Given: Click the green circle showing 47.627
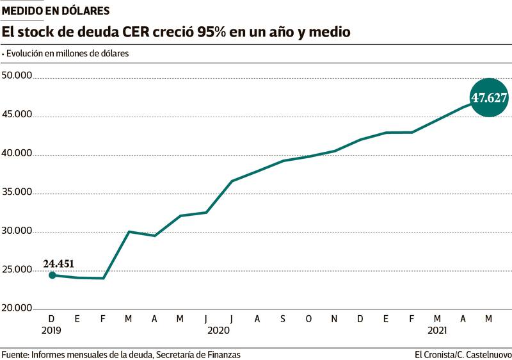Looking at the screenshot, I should (x=489, y=97).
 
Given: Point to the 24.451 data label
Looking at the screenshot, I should (x=60, y=263).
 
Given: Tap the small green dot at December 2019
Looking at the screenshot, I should (x=52, y=275).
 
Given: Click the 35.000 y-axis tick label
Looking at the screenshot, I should (x=17, y=192).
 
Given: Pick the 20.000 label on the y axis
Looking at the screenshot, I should (x=17, y=308).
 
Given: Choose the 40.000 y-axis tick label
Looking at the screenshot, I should (x=17, y=154).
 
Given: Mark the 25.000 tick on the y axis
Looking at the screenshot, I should (x=17, y=270).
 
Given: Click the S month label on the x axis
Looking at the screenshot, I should (x=283, y=318).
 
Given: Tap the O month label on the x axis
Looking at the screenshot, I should (x=308, y=318).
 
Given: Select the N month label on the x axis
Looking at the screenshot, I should (x=334, y=318).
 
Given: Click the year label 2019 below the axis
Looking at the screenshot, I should (x=52, y=331).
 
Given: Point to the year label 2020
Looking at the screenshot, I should (x=218, y=331).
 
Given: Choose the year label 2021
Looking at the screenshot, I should (x=437, y=331).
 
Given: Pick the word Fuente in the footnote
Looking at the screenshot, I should (x=14, y=354).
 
